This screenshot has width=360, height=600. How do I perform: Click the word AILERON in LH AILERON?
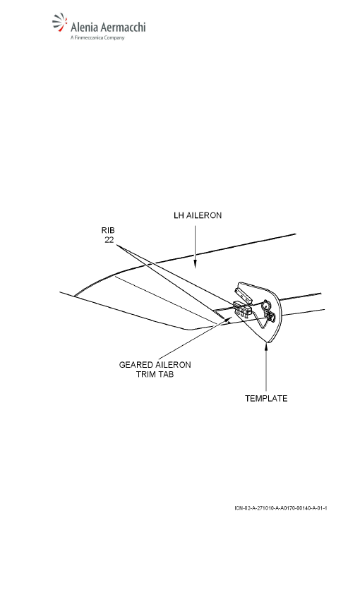[x=204, y=215]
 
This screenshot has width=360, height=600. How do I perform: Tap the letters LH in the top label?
[x=179, y=215]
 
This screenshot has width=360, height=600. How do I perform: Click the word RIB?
[x=108, y=230]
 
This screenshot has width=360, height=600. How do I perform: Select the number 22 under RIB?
[x=109, y=240]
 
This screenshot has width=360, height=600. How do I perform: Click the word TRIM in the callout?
[x=144, y=374]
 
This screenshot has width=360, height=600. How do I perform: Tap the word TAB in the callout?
[x=164, y=374]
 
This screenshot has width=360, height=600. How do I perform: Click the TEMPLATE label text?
[x=266, y=398]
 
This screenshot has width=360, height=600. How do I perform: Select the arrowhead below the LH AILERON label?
[x=195, y=264]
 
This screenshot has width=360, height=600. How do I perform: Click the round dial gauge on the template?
[x=265, y=306]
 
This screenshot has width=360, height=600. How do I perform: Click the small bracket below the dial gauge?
[x=270, y=316]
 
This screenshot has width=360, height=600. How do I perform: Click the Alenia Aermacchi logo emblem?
[x=60, y=23]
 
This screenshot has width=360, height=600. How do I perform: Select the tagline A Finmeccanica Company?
[x=97, y=37]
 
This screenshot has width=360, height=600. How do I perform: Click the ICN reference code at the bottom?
[x=281, y=508]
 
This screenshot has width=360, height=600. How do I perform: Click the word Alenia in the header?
[x=84, y=27]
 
